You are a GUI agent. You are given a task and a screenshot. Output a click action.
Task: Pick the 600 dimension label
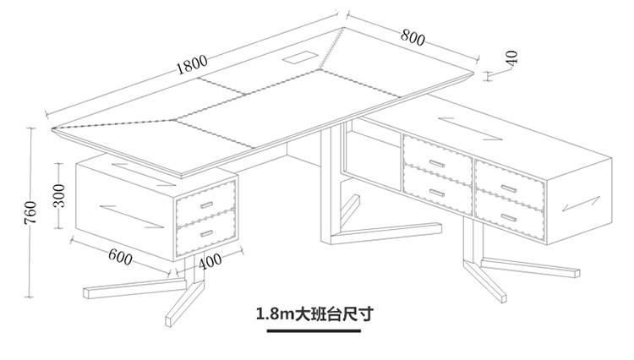click(x=120, y=256)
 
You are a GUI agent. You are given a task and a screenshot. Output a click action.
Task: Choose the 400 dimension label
click(x=211, y=261)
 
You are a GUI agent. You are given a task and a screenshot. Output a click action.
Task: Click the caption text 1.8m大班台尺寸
click(x=314, y=314)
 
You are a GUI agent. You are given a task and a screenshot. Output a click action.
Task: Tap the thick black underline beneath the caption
click(x=314, y=331)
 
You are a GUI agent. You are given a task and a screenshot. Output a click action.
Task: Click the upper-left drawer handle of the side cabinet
click(x=436, y=161)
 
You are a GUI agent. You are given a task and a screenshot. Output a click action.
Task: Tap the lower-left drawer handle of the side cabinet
click(x=436, y=191)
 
